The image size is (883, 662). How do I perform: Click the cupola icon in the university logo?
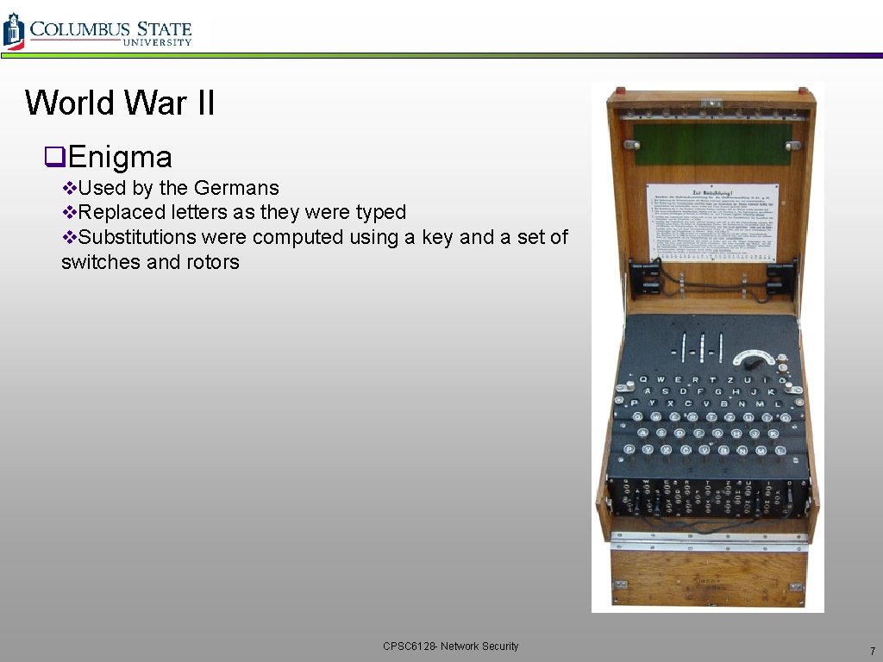tap(13, 30)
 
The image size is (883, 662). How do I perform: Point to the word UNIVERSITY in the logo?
tap(157, 42)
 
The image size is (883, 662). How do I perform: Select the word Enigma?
tap(120, 157)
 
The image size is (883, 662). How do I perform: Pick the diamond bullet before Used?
tap(69, 188)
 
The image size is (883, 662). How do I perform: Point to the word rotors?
tap(213, 261)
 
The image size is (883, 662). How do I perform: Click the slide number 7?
tap(872, 651)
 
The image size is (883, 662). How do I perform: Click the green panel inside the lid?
tap(712, 144)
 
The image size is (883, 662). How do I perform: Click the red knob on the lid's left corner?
tap(618, 91)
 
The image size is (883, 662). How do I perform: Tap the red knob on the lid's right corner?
tap(803, 91)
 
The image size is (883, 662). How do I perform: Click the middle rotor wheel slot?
tap(704, 347)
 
